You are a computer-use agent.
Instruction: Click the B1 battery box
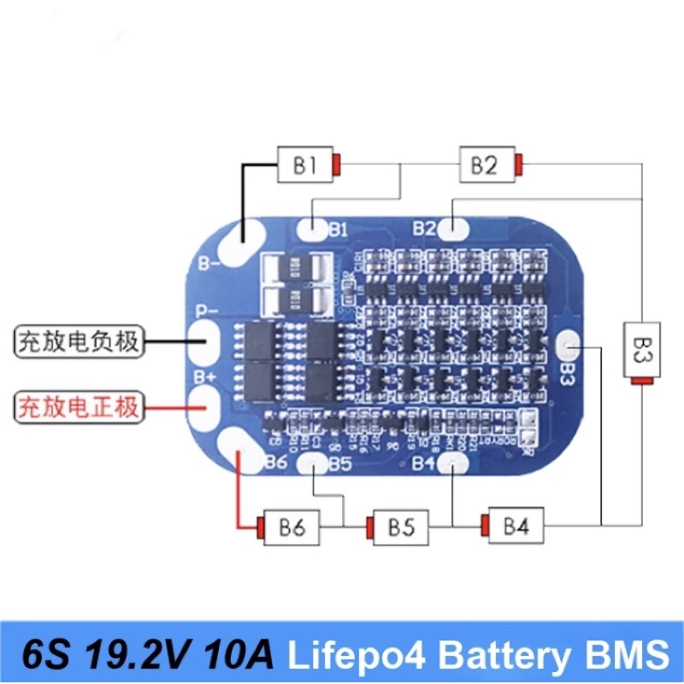coord(304,165)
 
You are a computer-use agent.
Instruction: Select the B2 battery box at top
coord(485,164)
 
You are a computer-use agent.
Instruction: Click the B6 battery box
coord(291,528)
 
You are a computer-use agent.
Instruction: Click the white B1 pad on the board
coord(314,228)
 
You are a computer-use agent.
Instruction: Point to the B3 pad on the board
coord(569,346)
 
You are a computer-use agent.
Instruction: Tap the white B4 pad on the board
coord(452,463)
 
